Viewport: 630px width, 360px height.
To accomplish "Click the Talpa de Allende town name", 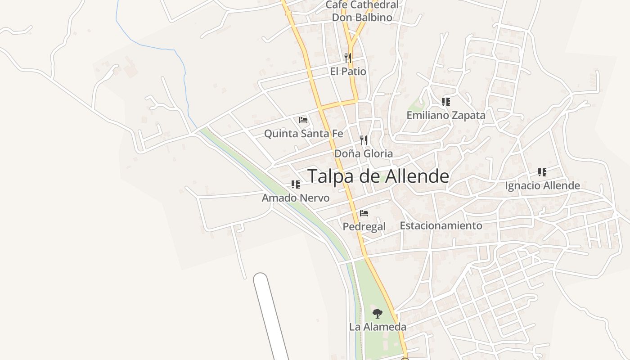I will coord(378,176).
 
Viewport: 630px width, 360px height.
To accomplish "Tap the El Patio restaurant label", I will coord(348,72).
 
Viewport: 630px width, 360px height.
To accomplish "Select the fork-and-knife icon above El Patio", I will coord(347,58).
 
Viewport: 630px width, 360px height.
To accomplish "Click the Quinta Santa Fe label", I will coord(303,134).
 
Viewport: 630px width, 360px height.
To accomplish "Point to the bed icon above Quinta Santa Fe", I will coord(303,120).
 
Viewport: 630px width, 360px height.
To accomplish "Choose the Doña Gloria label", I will coord(363,153).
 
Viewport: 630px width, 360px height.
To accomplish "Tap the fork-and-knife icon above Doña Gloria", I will coord(364,140).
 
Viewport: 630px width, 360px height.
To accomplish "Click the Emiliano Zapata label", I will coord(446,115).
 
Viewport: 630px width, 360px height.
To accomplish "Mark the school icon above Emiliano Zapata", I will coord(445,102).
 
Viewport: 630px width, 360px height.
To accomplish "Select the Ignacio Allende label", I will coord(542,185).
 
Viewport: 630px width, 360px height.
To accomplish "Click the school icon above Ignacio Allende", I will coord(542,172).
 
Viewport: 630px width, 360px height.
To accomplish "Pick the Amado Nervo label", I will coord(296,198).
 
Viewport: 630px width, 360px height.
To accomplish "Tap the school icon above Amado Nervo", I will coord(295,184).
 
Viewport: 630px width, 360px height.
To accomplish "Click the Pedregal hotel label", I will coord(364,226).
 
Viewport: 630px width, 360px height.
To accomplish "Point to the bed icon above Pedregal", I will coord(364,213).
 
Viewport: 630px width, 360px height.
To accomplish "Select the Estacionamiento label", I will coord(441,225).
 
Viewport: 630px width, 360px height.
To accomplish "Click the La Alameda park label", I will coord(378,327).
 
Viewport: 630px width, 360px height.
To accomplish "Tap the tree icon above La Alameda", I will coord(378,313).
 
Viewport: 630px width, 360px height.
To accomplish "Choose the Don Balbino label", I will coord(362,18).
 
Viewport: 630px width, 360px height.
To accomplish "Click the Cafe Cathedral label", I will coord(362,5).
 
